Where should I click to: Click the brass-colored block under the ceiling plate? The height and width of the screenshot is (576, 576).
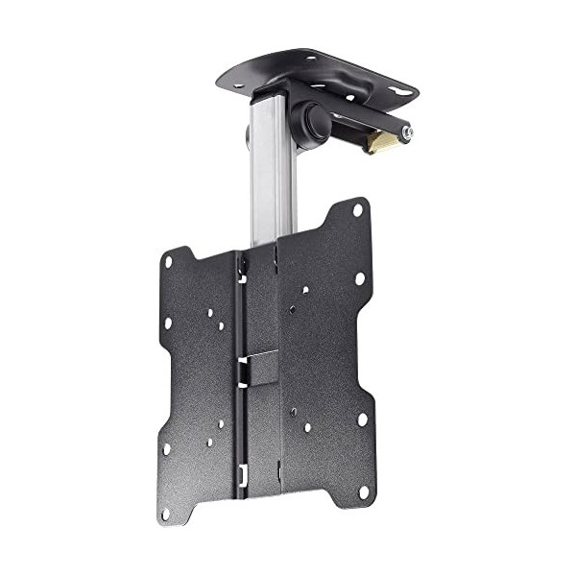coord(381,142)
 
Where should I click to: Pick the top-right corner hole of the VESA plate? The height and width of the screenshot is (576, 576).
coord(357,209)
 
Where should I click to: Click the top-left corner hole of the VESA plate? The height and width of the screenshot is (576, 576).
coord(168,261)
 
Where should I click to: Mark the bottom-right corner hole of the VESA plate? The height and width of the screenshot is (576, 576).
coord(364,491)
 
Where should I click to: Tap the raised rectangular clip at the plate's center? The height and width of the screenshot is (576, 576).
coord(259,367)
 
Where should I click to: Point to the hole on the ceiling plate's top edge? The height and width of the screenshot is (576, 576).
coord(309,60)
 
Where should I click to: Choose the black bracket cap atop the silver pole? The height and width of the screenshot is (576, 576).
coord(274,93)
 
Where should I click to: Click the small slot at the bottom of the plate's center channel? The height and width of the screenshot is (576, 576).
coord(242,470)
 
